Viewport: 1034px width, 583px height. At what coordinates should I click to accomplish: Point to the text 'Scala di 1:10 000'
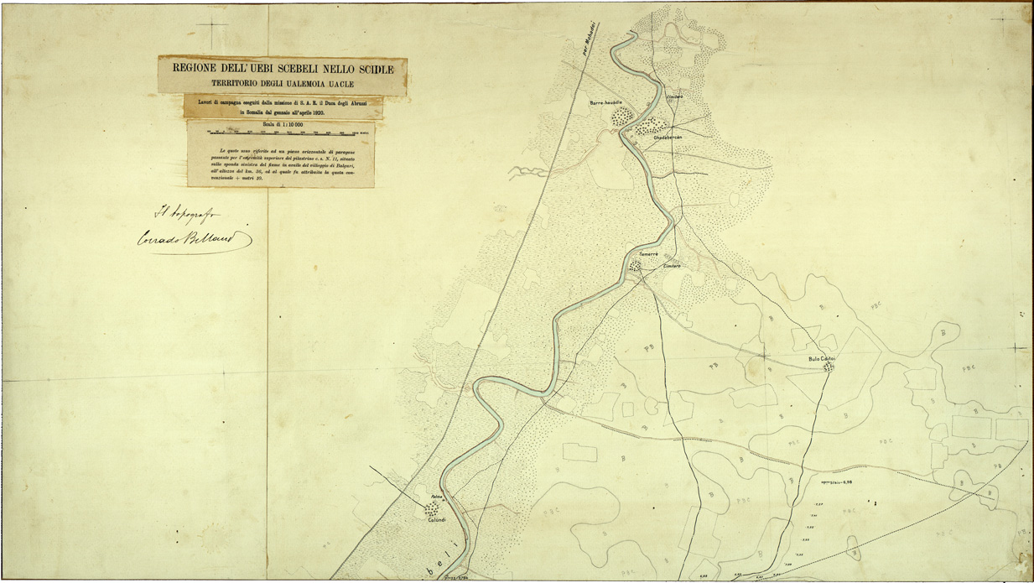(282, 125)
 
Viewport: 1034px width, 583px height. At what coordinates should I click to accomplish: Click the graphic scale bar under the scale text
(282, 133)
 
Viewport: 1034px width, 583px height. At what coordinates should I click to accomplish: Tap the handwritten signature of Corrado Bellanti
(195, 239)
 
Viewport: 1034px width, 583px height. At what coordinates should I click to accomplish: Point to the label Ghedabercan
(668, 137)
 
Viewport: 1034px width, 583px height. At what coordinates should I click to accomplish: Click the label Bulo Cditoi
(823, 359)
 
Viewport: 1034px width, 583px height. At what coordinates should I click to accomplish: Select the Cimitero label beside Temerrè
(672, 266)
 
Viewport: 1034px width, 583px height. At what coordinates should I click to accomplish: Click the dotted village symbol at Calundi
(432, 508)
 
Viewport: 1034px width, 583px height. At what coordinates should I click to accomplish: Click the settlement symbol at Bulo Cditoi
(829, 367)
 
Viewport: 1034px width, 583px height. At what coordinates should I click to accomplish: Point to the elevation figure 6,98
(850, 483)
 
